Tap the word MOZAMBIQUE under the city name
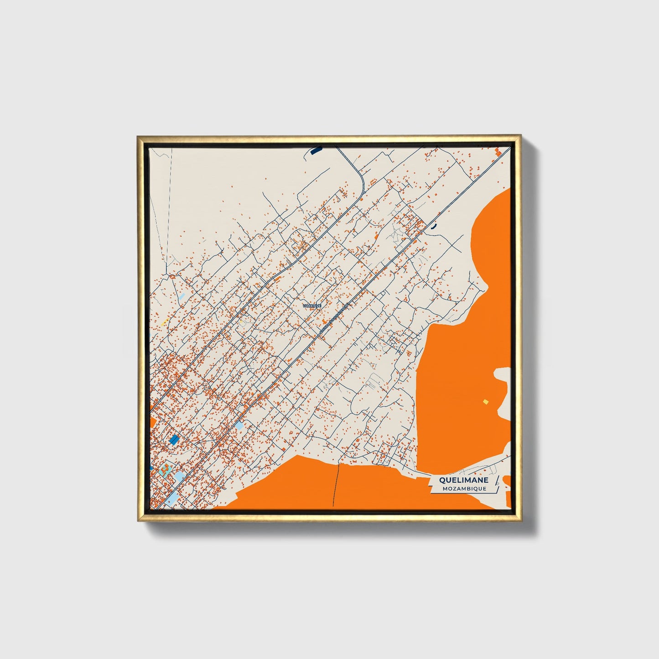coord(464,488)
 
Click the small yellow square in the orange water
coord(486,401)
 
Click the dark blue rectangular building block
coord(174,439)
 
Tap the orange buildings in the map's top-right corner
coord(498,152)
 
